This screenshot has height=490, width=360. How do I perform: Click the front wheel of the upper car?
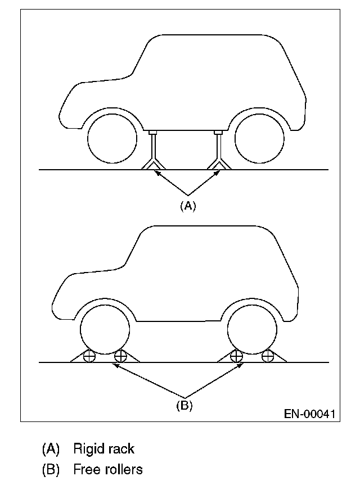113,139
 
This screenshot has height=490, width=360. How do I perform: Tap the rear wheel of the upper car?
259,139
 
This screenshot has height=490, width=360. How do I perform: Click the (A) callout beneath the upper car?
187,206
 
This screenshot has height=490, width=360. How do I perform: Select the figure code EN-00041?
309,415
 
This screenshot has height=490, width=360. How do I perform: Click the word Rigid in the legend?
87,449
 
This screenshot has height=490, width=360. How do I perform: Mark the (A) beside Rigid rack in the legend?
51,449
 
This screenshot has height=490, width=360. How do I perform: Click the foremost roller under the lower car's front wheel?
89,356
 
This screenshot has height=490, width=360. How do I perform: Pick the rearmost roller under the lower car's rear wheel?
267,356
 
